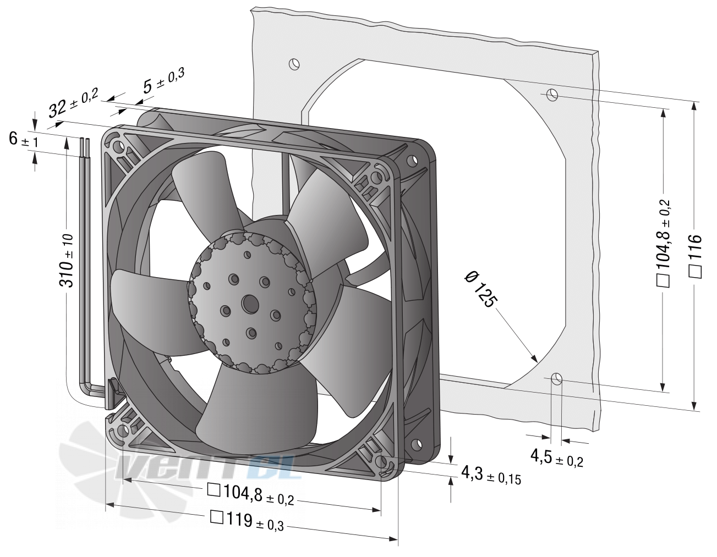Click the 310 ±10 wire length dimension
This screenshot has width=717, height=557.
point(67,261)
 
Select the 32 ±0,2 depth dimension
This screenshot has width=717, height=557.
point(74,103)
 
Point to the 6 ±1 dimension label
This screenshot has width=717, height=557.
point(24,139)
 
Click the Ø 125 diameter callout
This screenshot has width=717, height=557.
point(480,289)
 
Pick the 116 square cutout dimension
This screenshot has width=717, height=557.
point(695,256)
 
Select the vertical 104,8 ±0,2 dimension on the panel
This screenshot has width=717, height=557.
point(663,243)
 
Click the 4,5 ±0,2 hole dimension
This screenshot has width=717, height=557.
point(557,458)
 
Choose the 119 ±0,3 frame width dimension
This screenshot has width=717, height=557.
point(247,521)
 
